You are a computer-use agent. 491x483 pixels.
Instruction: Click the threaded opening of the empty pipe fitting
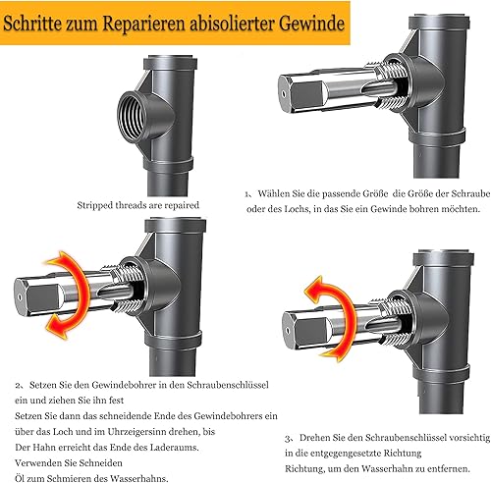click(133, 116)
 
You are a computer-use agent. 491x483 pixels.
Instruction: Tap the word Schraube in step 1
click(470, 193)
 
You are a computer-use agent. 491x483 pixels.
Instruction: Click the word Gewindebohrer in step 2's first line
click(123, 385)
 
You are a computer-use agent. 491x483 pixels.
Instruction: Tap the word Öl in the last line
click(20, 478)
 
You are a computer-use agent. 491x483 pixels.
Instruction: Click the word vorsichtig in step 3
click(469, 438)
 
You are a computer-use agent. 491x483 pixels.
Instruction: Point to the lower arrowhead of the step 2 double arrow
click(56, 327)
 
